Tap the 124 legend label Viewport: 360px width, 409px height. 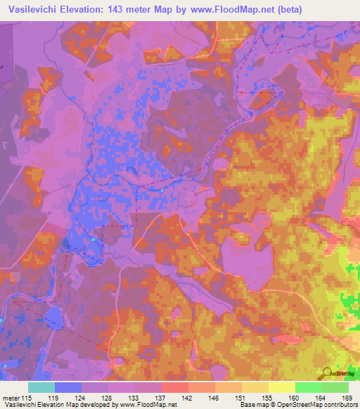[x=82, y=399]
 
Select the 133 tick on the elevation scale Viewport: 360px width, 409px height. [x=134, y=399]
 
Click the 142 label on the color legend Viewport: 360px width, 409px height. [x=188, y=399]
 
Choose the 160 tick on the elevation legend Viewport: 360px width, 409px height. [x=295, y=399]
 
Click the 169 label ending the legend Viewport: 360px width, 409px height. [x=347, y=399]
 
